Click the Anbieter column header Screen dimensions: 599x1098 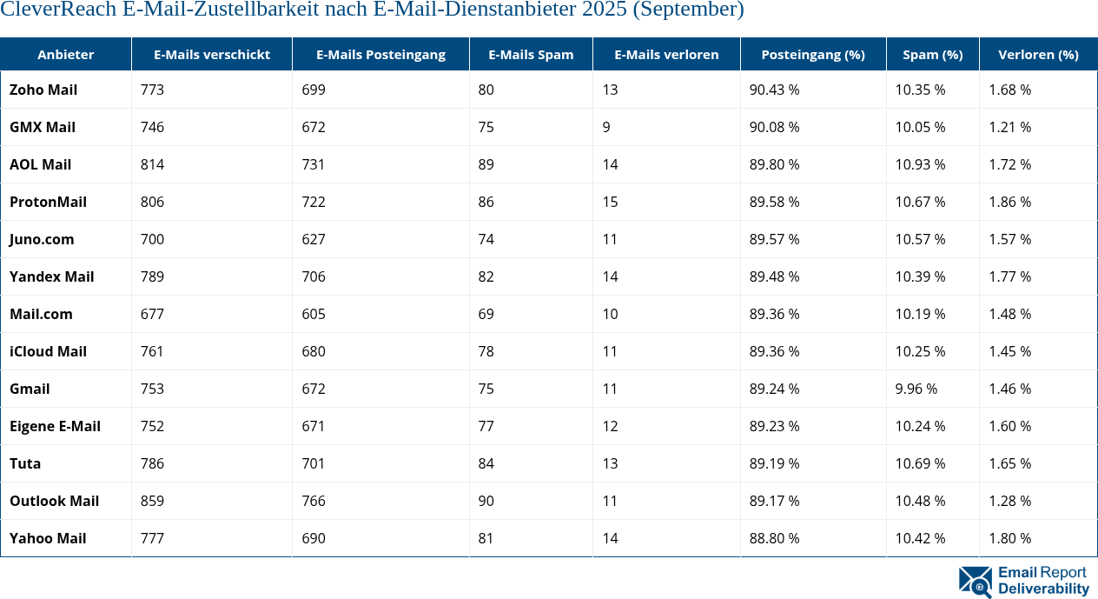pyautogui.click(x=66, y=54)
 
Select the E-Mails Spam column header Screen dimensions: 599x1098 pyautogui.click(x=531, y=54)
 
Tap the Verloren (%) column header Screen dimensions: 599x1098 pyautogui.click(x=1038, y=54)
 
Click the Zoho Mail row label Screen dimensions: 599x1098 pyautogui.click(x=43, y=90)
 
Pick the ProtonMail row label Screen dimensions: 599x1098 pyautogui.click(x=48, y=202)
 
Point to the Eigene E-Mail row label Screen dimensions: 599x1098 pyautogui.click(x=55, y=426)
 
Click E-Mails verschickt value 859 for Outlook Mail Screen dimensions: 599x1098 pyautogui.click(x=152, y=501)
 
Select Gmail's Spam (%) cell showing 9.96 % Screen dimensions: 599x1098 pyautogui.click(x=916, y=389)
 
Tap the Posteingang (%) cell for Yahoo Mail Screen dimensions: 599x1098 pyautogui.click(x=774, y=538)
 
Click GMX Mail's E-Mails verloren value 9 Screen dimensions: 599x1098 pyautogui.click(x=605, y=127)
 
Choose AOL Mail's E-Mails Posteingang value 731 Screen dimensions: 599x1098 pyautogui.click(x=314, y=164)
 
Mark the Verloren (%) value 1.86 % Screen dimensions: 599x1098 pyautogui.click(x=1009, y=202)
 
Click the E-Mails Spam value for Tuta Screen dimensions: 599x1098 pyautogui.click(x=486, y=463)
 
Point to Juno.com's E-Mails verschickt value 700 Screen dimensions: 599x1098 pyautogui.click(x=152, y=239)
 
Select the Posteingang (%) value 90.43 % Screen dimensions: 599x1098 pyautogui.click(x=774, y=90)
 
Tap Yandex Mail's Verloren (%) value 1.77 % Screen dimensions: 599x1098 pyautogui.click(x=1009, y=276)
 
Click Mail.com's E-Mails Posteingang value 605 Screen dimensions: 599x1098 pyautogui.click(x=314, y=314)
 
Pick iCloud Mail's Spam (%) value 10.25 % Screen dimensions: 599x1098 pyautogui.click(x=920, y=351)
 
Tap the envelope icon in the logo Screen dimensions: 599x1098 pyautogui.click(x=976, y=582)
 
